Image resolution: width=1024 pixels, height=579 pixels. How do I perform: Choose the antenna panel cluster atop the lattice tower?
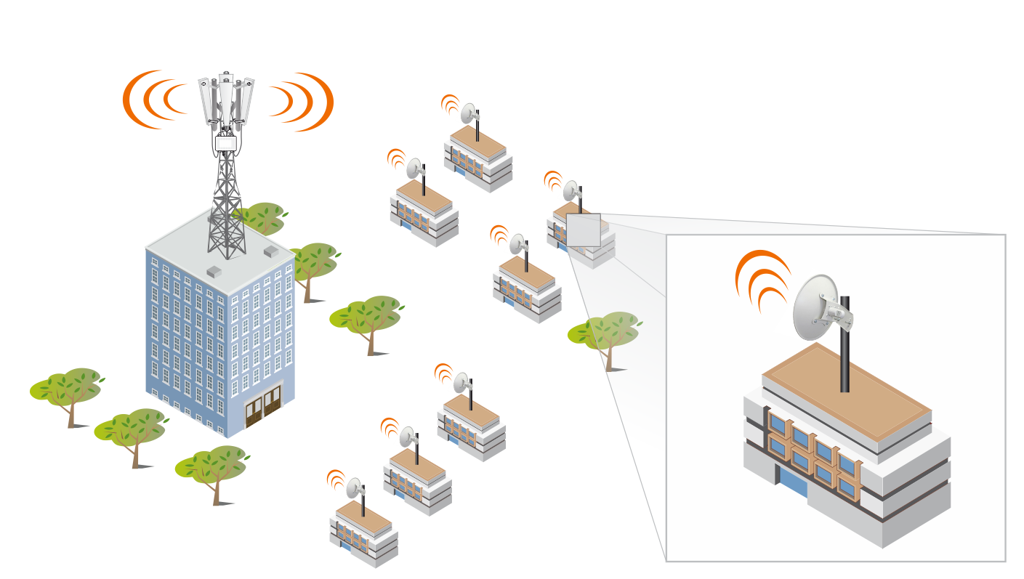point(226,99)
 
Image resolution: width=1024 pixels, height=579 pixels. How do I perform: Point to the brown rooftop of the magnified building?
point(847,396)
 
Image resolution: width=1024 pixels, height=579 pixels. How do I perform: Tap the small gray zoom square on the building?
point(583,230)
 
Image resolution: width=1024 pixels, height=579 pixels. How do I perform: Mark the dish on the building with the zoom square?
point(571,190)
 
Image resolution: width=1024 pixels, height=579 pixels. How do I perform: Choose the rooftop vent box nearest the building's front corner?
point(214,272)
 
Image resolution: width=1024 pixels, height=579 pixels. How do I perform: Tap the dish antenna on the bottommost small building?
point(355,489)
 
